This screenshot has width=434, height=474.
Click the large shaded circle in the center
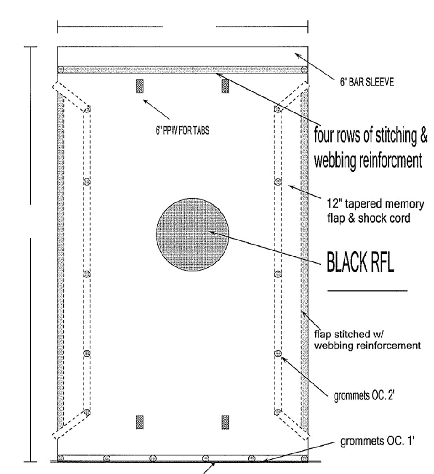pyautogui.click(x=192, y=234)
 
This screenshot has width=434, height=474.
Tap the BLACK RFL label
pyautogui.click(x=361, y=262)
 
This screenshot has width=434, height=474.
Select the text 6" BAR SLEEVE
pyautogui.click(x=367, y=82)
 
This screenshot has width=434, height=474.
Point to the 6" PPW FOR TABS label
pyautogui.click(x=183, y=131)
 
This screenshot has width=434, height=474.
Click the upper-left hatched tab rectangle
pyautogui.click(x=140, y=86)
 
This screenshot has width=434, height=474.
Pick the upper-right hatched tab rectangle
pyautogui.click(x=225, y=86)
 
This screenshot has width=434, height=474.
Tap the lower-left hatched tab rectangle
pyautogui.click(x=140, y=422)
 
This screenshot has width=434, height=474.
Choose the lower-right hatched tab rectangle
pyautogui.click(x=225, y=422)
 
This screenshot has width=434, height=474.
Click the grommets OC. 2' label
pyautogui.click(x=364, y=396)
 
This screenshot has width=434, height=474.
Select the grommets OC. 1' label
pyautogui.click(x=377, y=442)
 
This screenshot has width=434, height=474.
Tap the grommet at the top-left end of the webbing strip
pyautogui.click(x=61, y=70)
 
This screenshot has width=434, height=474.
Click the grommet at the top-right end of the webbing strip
pyautogui.click(x=304, y=70)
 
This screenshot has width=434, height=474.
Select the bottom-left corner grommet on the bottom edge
pyautogui.click(x=61, y=458)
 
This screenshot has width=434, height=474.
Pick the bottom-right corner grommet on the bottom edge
pyautogui.click(x=304, y=458)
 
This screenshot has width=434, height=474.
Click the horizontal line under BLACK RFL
pyautogui.click(x=367, y=291)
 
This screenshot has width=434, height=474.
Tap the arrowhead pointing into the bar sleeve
pyautogui.click(x=298, y=56)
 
